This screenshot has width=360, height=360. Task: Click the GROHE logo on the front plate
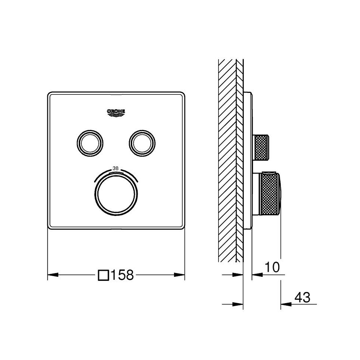[x=116, y=113]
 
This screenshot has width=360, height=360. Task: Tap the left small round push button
[x=90, y=143]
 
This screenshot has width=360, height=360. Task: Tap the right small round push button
[x=142, y=143]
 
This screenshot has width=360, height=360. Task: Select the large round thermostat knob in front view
[x=116, y=194]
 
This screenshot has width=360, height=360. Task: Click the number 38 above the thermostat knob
[x=116, y=168]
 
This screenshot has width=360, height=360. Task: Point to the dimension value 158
[x=122, y=275]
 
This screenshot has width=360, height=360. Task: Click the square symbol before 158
[x=103, y=275]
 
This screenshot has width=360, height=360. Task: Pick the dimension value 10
[x=272, y=267]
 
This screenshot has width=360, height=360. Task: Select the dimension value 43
[x=302, y=297]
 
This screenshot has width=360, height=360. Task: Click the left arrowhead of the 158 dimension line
[x=53, y=275]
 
